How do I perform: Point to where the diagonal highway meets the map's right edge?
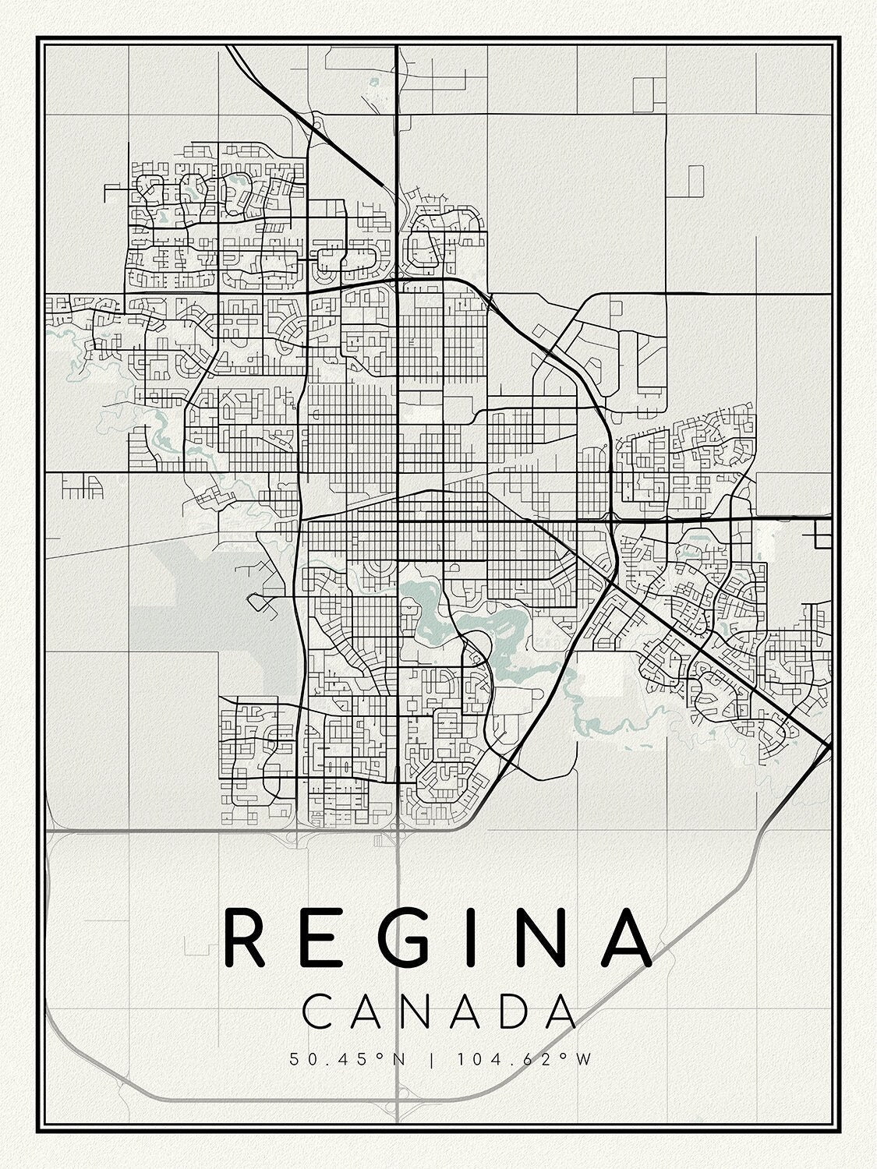[829, 747]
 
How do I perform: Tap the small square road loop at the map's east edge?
[822, 534]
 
